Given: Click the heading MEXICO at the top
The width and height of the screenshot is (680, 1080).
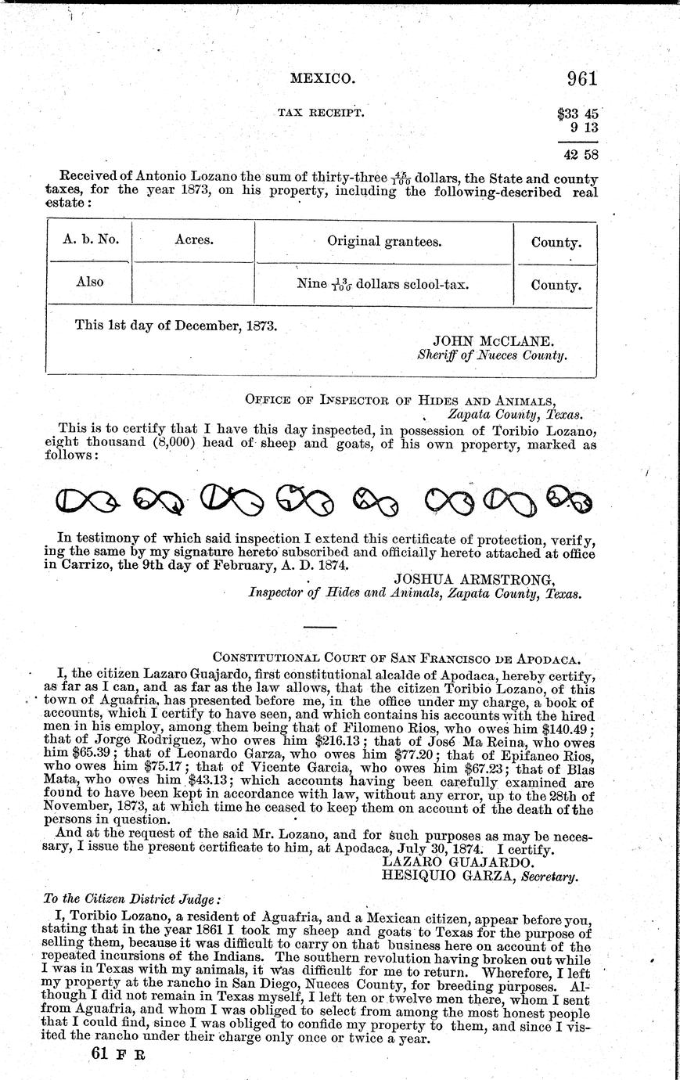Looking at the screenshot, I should point(323,78).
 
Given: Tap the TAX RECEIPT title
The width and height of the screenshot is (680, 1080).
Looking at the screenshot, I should point(320,113).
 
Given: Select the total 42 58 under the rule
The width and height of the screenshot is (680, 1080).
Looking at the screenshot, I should point(580,154).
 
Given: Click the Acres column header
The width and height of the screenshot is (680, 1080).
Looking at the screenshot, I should point(193,241).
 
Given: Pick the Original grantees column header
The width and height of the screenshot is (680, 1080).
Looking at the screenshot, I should point(384,242).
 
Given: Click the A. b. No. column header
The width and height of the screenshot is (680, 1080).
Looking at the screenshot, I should point(89,241).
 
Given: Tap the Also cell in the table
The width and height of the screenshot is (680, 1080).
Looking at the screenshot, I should point(89,282).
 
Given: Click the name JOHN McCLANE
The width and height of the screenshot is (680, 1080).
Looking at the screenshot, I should point(493,341).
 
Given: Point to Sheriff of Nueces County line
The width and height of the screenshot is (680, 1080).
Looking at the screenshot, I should point(492,355).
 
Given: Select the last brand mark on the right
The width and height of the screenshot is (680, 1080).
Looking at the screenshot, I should point(569,499).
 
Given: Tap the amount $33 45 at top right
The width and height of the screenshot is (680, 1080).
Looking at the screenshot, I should point(577,113).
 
